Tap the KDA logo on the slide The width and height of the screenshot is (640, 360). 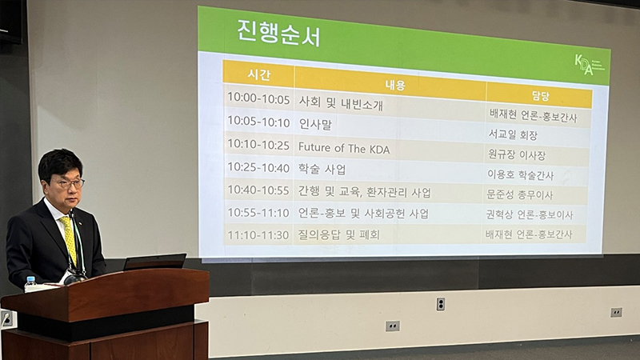click(588, 64)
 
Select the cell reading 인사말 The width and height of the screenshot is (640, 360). click(315, 124)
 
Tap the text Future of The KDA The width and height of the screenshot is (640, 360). click(343, 147)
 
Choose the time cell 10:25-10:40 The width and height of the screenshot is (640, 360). click(258, 168)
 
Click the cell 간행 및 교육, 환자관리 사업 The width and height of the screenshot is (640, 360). click(364, 192)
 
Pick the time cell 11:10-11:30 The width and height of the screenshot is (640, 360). click(258, 234)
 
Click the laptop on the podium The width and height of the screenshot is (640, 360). click(154, 262)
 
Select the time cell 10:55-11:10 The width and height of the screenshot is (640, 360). click(258, 213)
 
